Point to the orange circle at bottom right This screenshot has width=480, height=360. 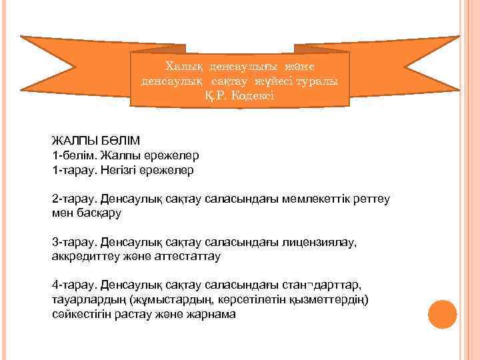tap(442, 314)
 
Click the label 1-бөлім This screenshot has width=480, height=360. tap(73, 155)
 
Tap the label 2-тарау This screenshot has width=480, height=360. tap(74, 199)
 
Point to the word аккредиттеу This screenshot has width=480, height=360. tap(87, 255)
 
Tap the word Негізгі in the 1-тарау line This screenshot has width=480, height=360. tap(123, 170)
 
